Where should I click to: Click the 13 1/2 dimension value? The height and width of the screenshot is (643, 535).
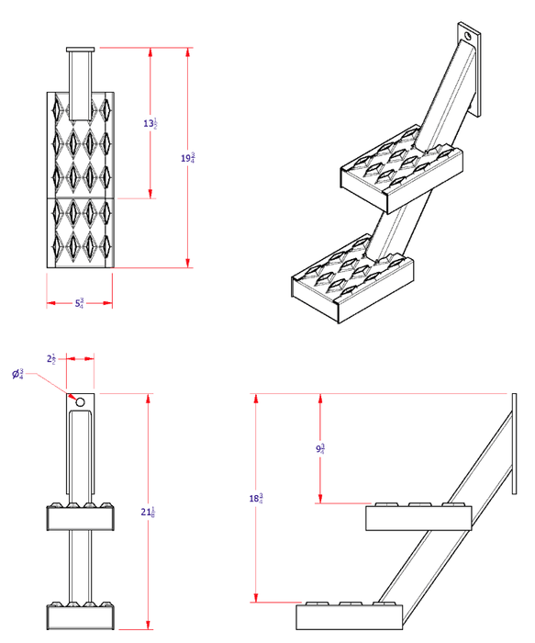pyautogui.click(x=151, y=123)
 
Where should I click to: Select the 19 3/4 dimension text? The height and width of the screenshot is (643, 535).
pyautogui.click(x=188, y=158)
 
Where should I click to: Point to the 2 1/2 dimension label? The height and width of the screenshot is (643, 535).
pyautogui.click(x=52, y=358)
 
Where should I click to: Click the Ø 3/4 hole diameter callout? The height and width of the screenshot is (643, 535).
pyautogui.click(x=17, y=374)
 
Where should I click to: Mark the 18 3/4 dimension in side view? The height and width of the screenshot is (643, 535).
pyautogui.click(x=256, y=498)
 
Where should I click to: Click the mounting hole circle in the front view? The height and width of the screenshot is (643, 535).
pyautogui.click(x=80, y=402)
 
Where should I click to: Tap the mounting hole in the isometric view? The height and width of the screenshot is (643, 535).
pyautogui.click(x=470, y=37)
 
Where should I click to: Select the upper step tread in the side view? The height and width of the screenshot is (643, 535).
pyautogui.click(x=419, y=518)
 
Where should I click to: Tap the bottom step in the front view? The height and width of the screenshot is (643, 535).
pyautogui.click(x=80, y=615)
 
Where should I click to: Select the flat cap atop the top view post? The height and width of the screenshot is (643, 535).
pyautogui.click(x=80, y=49)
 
